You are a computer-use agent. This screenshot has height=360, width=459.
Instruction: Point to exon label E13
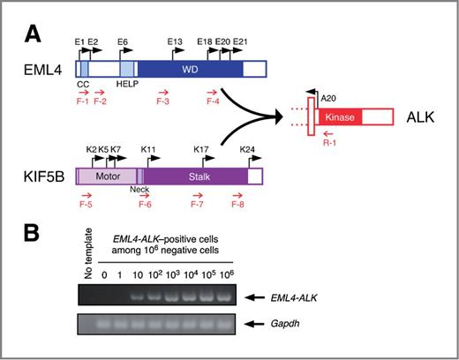[x=173, y=41]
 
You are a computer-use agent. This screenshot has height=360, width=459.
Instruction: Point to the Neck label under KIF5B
[x=139, y=191]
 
